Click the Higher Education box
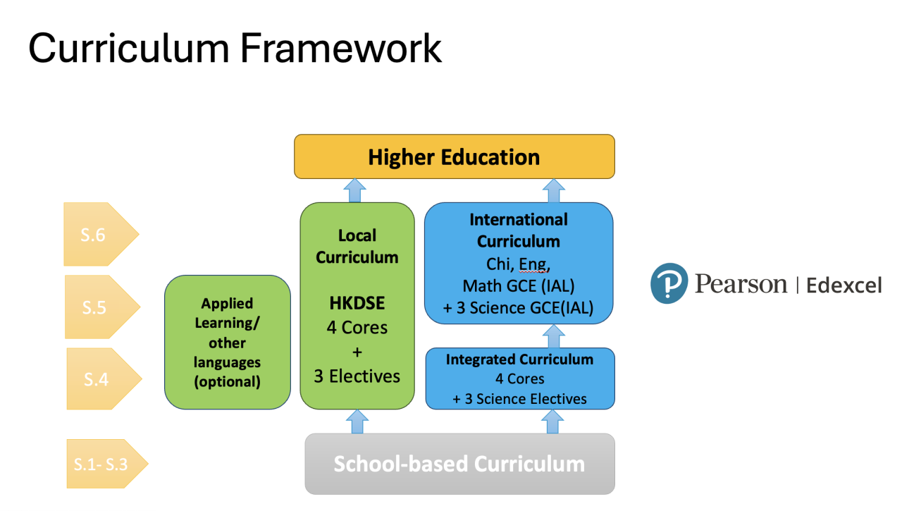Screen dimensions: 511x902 tap(454, 156)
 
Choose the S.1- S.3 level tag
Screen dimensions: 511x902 tap(103, 464)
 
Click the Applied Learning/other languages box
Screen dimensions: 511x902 tap(227, 343)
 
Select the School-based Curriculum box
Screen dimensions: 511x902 tap(459, 464)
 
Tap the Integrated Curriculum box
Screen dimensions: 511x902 tap(519, 378)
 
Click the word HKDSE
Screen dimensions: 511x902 tap(357, 304)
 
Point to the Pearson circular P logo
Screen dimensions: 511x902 tap(669, 283)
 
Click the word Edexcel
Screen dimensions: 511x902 tap(844, 285)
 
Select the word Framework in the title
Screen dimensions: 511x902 tap(341, 48)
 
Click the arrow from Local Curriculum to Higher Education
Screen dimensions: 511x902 tap(354, 190)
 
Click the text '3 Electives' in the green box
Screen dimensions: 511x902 tap(357, 376)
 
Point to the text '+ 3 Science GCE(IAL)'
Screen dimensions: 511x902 tap(519, 308)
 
